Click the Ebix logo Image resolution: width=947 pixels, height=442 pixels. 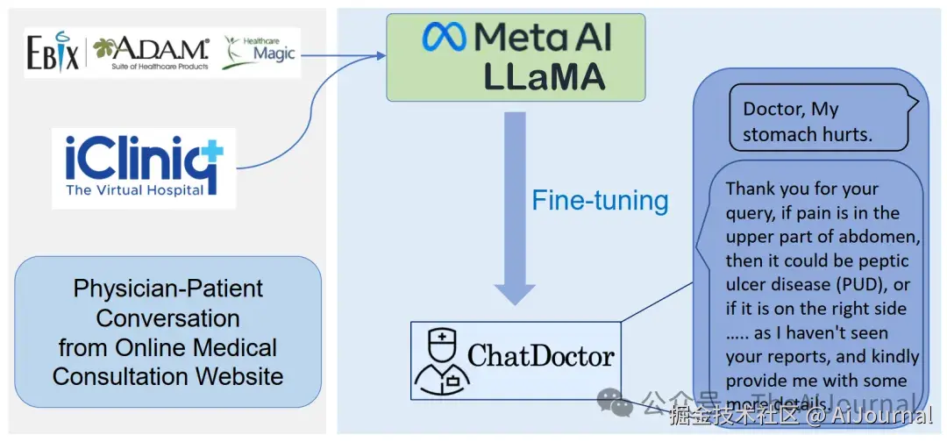(53, 53)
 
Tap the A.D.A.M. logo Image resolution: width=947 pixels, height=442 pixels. (151, 53)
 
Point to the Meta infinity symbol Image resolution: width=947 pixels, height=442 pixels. (445, 37)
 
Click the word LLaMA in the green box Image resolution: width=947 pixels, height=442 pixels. (545, 77)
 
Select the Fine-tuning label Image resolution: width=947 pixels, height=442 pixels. (600, 201)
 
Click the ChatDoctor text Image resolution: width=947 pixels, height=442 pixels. (541, 356)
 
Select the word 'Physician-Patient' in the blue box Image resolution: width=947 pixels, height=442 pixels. (168, 289)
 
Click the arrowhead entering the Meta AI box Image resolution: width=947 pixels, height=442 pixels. (381, 56)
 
